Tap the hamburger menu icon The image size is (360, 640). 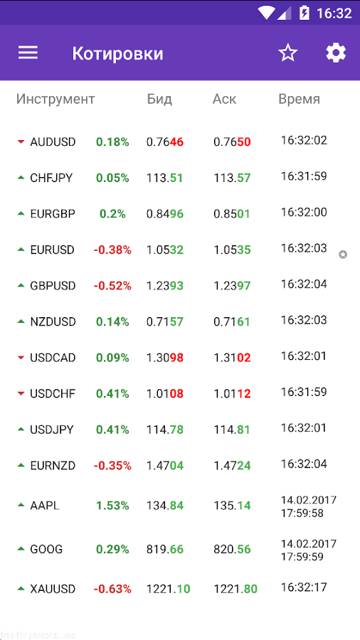tap(28, 53)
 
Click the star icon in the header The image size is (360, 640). tap(287, 53)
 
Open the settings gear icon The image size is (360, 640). tap(336, 53)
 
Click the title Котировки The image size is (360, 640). tap(117, 53)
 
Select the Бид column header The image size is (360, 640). tap(159, 99)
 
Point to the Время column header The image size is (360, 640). tap(300, 99)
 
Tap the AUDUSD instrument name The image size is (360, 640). tap(53, 142)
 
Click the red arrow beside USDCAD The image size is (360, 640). tap(21, 358)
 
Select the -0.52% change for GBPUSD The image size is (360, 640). tap(112, 286)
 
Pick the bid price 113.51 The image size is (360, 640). tap(164, 178)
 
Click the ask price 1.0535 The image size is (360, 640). tap(232, 250)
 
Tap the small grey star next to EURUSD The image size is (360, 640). tap(343, 255)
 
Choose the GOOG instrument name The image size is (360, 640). tap(46, 550)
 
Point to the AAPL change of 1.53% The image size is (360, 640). tap(112, 506)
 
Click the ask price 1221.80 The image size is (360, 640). tap(235, 589)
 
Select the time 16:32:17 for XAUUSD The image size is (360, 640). tap(304, 587)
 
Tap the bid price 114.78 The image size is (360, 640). tap(165, 430)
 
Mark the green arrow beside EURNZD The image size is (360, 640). tap(21, 465)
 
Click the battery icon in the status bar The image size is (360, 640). tap(304, 13)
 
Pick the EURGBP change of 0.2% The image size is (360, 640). tap(112, 214)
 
